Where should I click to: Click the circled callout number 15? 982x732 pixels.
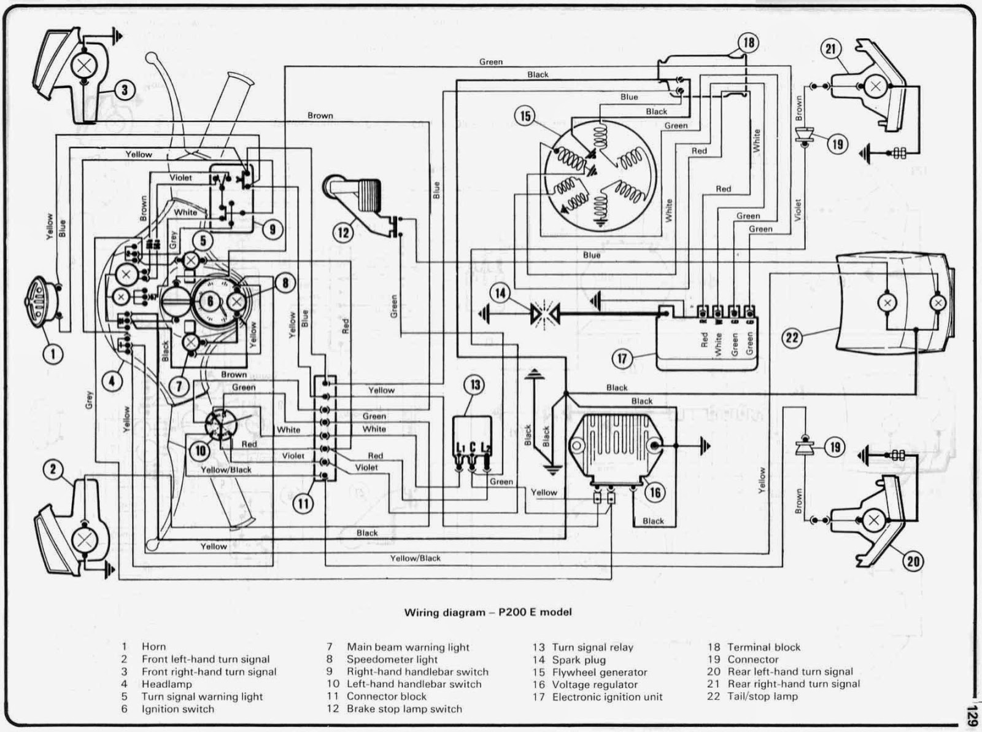point(525,117)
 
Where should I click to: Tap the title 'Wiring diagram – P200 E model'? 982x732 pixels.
point(488,612)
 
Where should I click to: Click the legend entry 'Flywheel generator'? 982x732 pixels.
point(600,672)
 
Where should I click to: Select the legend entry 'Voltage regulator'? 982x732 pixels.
point(595,685)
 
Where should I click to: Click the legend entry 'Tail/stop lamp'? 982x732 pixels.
point(762,696)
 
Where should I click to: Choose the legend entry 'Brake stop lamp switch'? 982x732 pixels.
point(404,709)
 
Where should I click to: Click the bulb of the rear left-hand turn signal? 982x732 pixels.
point(873,520)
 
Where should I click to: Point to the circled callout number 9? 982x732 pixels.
point(273,228)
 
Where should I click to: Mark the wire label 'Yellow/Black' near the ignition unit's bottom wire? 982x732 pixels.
point(416,558)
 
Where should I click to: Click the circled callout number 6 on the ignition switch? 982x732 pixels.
point(211,302)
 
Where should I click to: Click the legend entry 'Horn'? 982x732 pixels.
point(153,647)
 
